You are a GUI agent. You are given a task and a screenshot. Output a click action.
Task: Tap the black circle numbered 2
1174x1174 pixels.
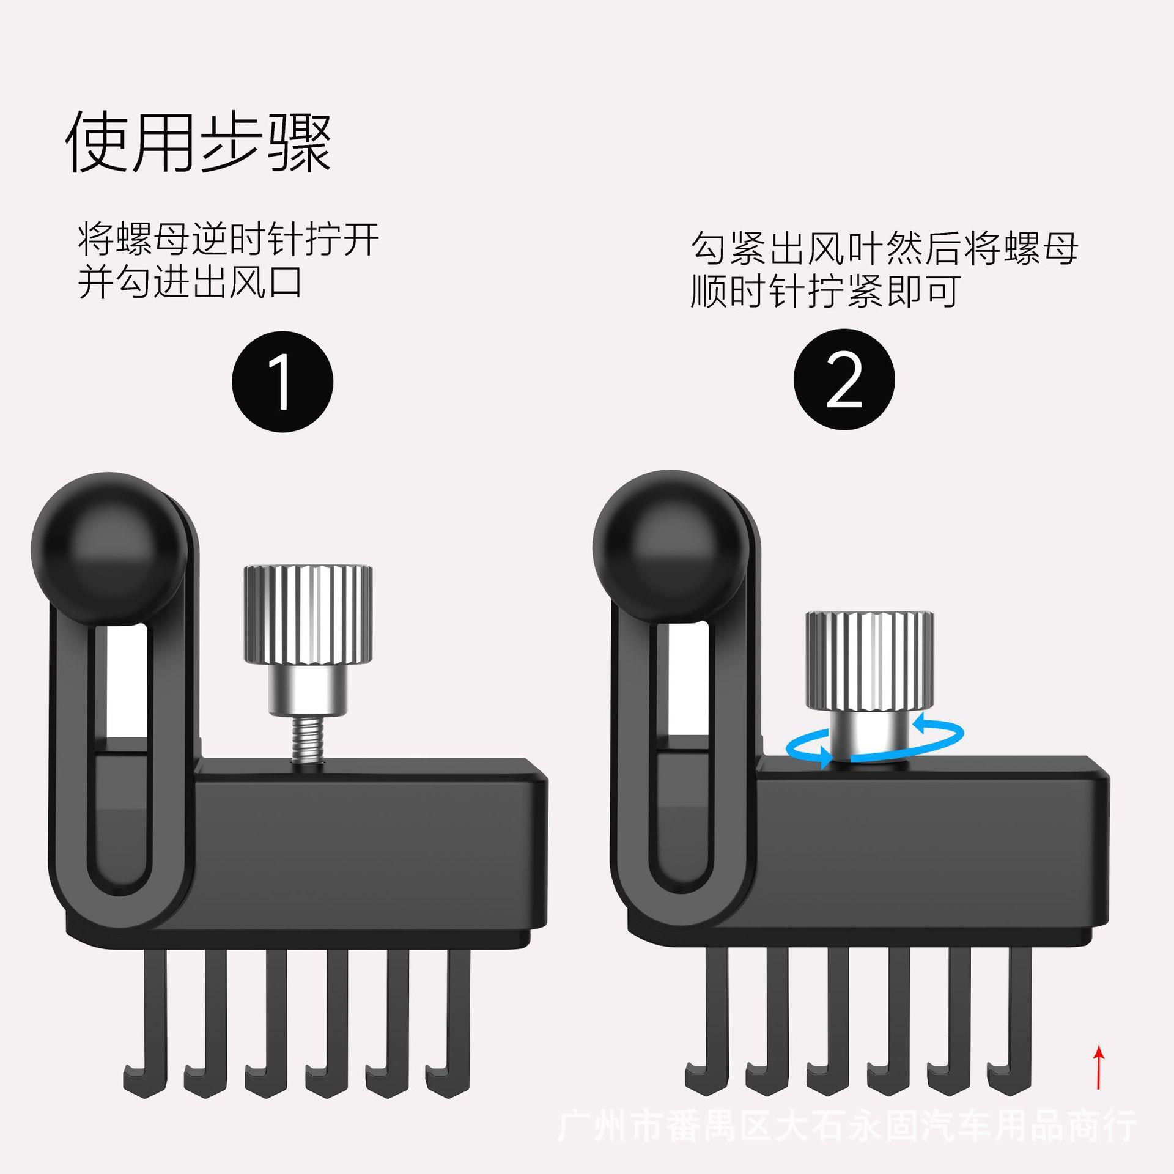point(844,380)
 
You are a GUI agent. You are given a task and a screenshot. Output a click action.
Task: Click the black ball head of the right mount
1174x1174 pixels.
point(671,547)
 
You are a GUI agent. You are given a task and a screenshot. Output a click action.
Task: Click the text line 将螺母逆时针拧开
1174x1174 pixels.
point(229,239)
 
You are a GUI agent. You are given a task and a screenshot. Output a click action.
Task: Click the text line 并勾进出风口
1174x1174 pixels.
point(190,282)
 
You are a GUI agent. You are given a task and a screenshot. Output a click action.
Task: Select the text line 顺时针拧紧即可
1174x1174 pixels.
point(824,290)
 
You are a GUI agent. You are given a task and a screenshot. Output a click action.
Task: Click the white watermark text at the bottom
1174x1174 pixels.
point(847,1126)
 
